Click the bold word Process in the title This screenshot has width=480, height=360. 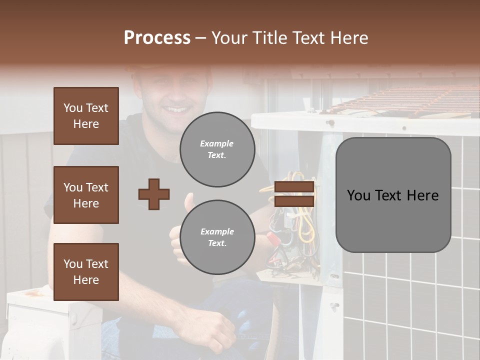pyautogui.click(x=157, y=38)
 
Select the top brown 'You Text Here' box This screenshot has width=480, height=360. pyautogui.click(x=86, y=116)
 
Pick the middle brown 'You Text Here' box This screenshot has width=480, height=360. pyautogui.click(x=86, y=195)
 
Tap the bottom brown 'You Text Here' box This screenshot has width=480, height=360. pyautogui.click(x=86, y=272)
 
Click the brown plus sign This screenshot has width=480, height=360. pyautogui.click(x=154, y=194)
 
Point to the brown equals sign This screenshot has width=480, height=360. pyautogui.click(x=294, y=194)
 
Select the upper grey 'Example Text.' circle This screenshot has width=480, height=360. pyautogui.click(x=217, y=149)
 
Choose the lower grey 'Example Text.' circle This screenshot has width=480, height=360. pyautogui.click(x=217, y=237)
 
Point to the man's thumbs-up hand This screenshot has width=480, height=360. pyautogui.click(x=180, y=230)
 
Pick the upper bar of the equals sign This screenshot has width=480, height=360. pyautogui.click(x=294, y=187)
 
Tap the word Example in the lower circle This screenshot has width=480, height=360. pyautogui.click(x=217, y=231)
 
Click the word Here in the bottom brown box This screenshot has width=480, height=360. pyautogui.click(x=86, y=280)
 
